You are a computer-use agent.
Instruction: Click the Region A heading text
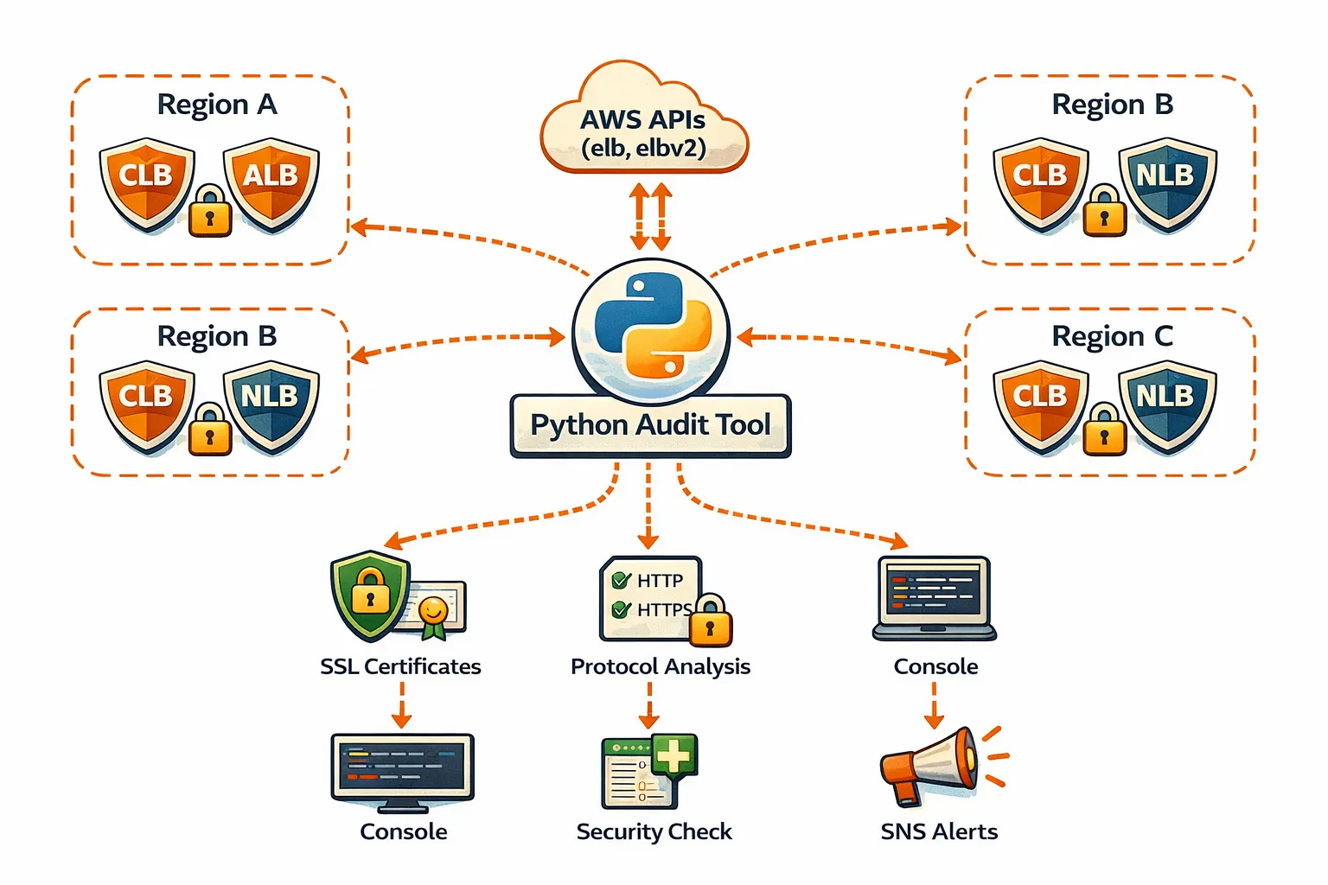pos(217,105)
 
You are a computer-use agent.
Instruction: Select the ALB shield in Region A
pos(271,182)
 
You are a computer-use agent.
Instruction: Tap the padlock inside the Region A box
pos(209,211)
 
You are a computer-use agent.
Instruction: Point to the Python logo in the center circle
pos(650,326)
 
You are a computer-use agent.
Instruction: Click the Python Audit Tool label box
pos(650,425)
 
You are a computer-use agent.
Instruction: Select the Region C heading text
pos(1112,336)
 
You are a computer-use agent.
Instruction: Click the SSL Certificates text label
pos(400,666)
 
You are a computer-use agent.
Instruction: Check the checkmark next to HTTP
pos(620,580)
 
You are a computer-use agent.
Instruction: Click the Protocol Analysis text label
pos(660,666)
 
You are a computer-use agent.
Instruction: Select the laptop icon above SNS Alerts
pos(934,598)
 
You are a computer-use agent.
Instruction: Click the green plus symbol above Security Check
pos(674,756)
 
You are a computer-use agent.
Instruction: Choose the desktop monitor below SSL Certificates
pos(402,769)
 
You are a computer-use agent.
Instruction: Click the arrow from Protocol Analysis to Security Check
pos(648,705)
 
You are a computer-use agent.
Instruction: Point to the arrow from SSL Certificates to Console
pos(401,705)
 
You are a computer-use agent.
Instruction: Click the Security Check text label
pos(654,831)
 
